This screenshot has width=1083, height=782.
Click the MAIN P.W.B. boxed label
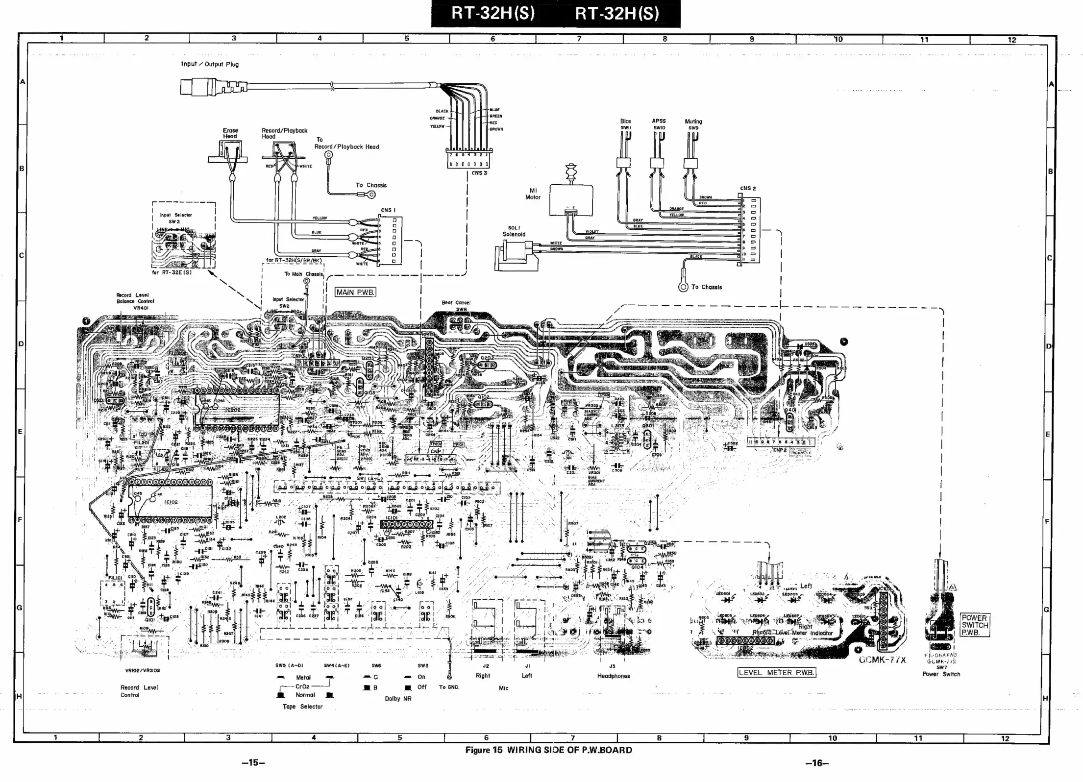(x=355, y=292)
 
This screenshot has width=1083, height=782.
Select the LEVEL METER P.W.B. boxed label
(x=776, y=672)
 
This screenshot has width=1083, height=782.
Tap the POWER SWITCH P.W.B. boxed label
(x=974, y=625)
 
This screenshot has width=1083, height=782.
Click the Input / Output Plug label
(x=210, y=64)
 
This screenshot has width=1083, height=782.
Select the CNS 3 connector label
(x=479, y=173)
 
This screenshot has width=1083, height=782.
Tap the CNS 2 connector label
(x=748, y=188)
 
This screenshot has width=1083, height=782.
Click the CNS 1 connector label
(x=388, y=210)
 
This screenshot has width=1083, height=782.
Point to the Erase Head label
(x=230, y=133)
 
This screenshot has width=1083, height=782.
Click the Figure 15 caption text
(x=548, y=750)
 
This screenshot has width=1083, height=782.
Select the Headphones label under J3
(x=614, y=676)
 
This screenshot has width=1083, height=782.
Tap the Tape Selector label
(x=302, y=707)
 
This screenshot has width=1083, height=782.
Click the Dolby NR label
(x=398, y=699)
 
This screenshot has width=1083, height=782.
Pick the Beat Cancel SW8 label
(x=456, y=306)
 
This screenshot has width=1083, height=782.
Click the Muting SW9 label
(x=693, y=124)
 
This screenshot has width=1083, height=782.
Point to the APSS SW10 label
(x=659, y=124)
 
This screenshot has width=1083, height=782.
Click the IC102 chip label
(x=171, y=502)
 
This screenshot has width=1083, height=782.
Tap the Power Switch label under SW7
(x=941, y=674)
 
